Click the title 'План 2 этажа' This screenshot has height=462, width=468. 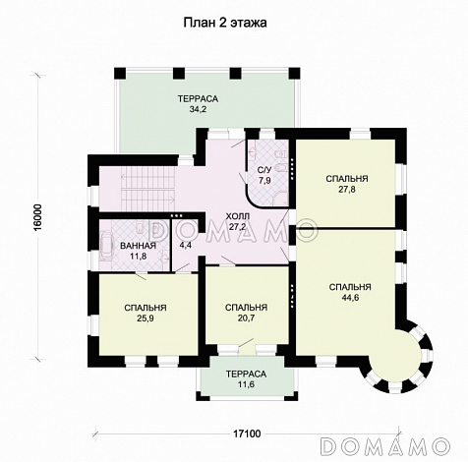225,23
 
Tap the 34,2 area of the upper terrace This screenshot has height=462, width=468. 198,109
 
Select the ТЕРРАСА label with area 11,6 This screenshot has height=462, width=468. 246,374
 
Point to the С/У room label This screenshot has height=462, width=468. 264,170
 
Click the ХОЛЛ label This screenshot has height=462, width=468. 238,216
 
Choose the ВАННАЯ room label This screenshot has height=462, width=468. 138,246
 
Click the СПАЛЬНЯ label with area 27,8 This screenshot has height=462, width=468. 347,179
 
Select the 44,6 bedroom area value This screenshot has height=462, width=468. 350,298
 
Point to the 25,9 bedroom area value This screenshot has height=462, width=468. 146,318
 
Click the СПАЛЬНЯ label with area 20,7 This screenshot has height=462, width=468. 246,308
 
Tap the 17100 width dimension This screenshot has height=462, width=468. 247,433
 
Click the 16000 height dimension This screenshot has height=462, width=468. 37,218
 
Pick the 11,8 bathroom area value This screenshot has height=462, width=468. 138,256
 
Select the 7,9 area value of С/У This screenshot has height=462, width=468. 264,180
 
